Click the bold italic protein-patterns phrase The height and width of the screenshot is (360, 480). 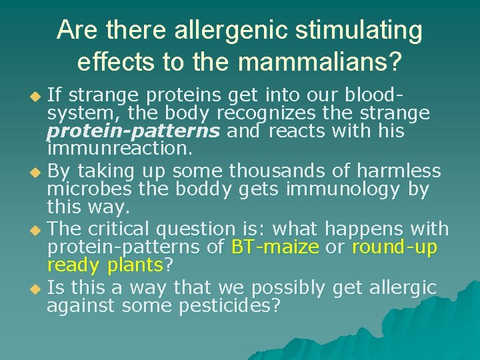pyautogui.click(x=133, y=131)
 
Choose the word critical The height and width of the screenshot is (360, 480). pyautogui.click(x=133, y=229)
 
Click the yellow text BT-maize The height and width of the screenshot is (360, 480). pyautogui.click(x=275, y=247)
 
